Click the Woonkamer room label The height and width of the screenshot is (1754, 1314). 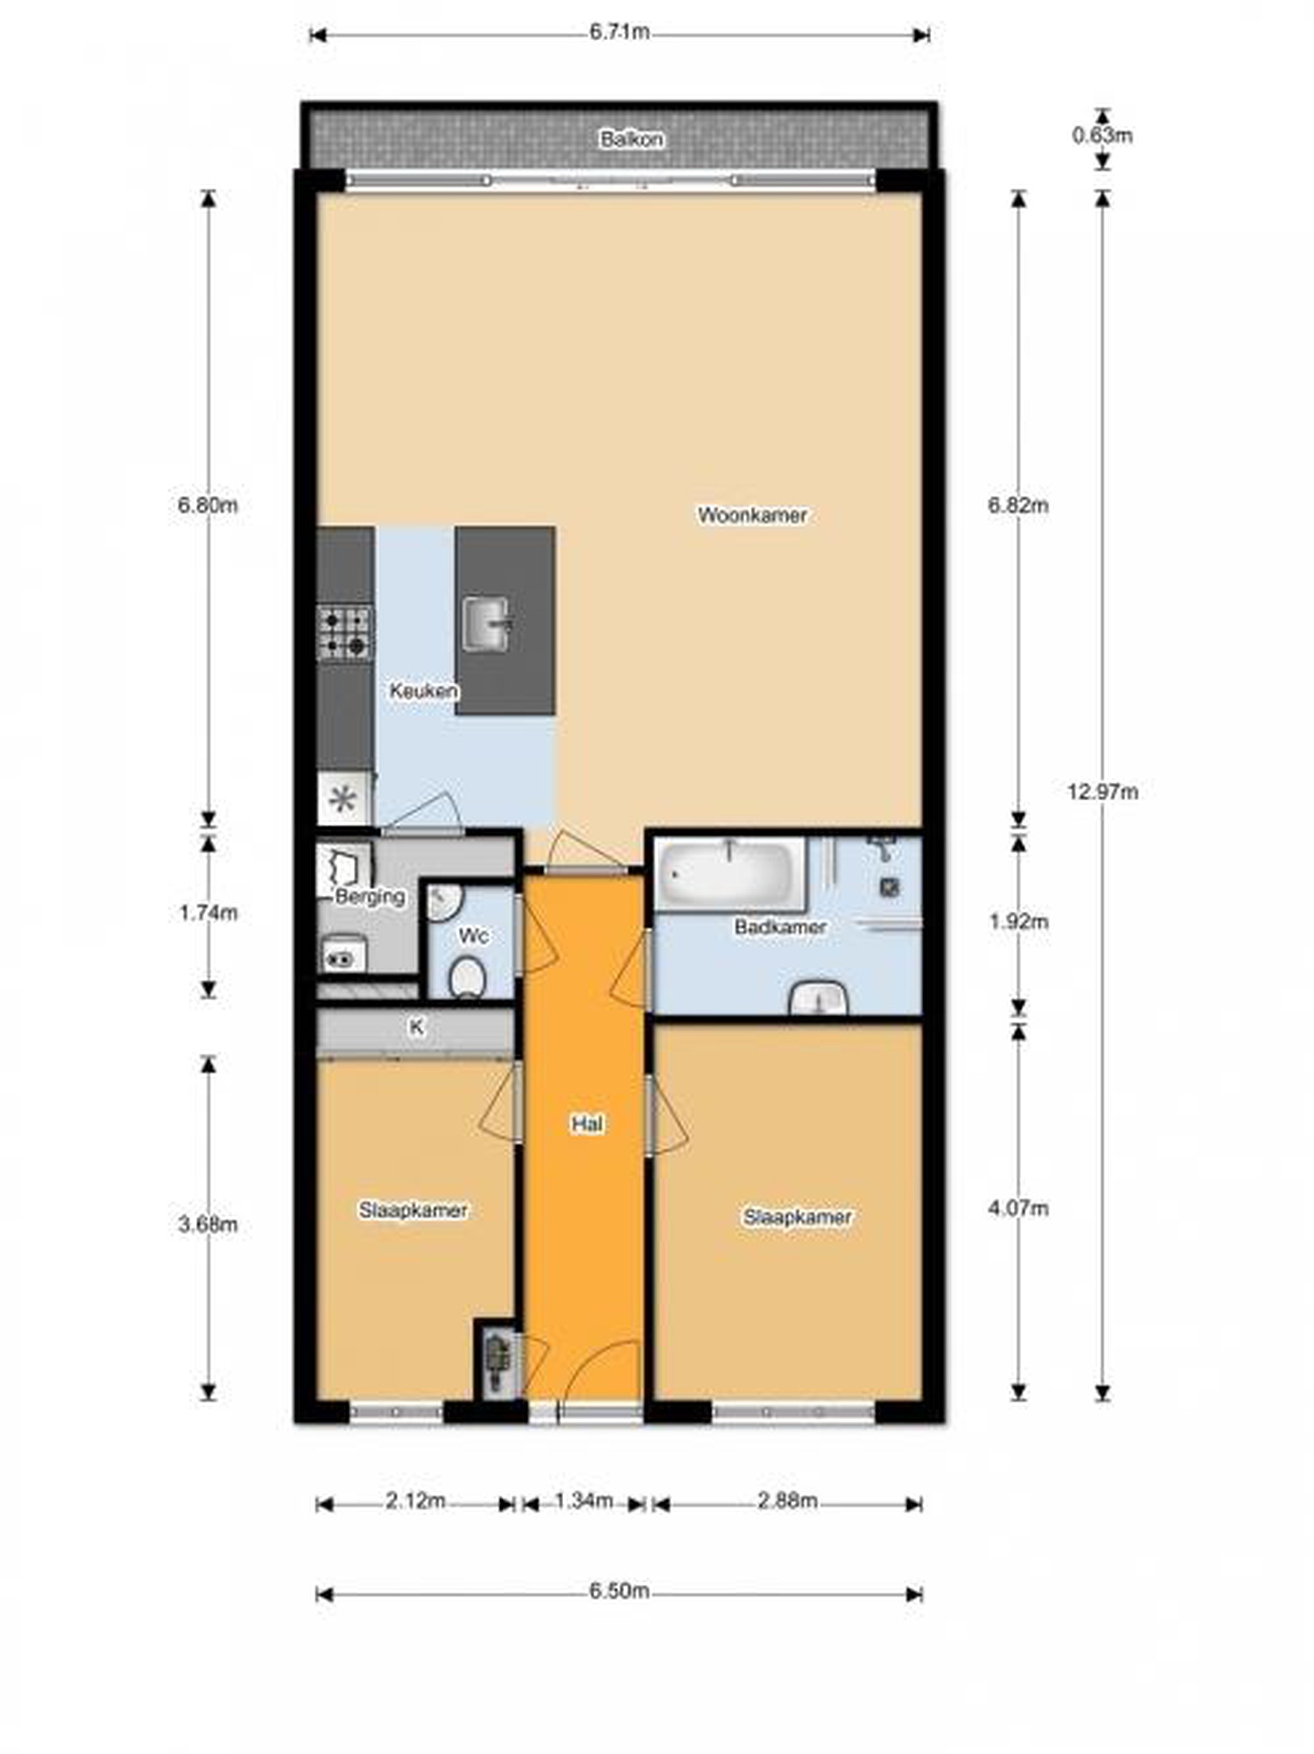752,515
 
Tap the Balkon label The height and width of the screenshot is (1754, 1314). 631,139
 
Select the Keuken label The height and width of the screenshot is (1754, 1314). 423,691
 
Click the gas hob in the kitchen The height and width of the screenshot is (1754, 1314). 345,633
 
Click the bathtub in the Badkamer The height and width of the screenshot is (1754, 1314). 728,872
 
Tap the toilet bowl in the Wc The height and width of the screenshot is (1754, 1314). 467,977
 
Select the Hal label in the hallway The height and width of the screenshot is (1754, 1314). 587,1124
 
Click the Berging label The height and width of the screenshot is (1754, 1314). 370,897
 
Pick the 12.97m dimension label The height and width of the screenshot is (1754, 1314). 1102,791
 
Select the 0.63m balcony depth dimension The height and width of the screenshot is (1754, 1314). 1102,136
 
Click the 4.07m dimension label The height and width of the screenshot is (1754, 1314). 1018,1208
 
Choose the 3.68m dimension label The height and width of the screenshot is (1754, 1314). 208,1224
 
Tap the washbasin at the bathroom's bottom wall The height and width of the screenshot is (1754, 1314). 818,998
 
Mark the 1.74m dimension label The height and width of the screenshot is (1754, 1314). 208,913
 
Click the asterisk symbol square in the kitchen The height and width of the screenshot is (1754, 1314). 344,799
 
